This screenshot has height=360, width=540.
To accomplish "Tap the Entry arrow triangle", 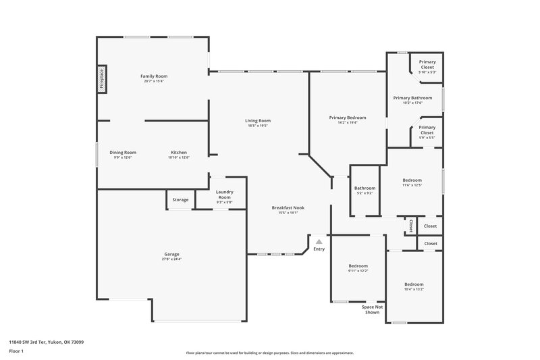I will pyautogui.click(x=319, y=241).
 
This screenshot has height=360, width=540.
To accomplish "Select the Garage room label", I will pyautogui.click(x=171, y=254).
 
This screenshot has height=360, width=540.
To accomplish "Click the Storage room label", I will pyautogui.click(x=180, y=200).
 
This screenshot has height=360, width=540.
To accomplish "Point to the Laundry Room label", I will pyautogui.click(x=224, y=195).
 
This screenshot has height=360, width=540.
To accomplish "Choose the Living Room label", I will pyautogui.click(x=258, y=121).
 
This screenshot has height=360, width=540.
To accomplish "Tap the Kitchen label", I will pyautogui.click(x=178, y=153).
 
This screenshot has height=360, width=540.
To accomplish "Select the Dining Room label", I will pyautogui.click(x=123, y=153).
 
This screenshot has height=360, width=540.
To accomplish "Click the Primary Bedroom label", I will pyautogui.click(x=343, y=118).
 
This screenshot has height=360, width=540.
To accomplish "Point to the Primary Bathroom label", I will pyautogui.click(x=412, y=98).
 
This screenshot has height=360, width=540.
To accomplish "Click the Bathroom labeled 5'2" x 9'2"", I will pyautogui.click(x=364, y=188).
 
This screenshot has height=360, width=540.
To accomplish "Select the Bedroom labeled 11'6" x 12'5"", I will pyautogui.click(x=412, y=180).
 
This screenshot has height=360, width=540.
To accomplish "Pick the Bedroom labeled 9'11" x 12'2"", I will pyautogui.click(x=358, y=266).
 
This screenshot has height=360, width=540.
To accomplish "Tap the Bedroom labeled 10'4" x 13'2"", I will pyautogui.click(x=414, y=284).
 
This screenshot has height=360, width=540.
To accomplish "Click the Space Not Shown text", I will pyautogui.click(x=372, y=309).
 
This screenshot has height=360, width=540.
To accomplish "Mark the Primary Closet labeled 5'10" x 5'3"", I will pyautogui.click(x=427, y=62).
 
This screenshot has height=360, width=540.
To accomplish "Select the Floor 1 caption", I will pyautogui.click(x=16, y=352).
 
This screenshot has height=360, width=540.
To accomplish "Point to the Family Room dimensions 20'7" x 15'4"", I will pyautogui.click(x=153, y=81).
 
